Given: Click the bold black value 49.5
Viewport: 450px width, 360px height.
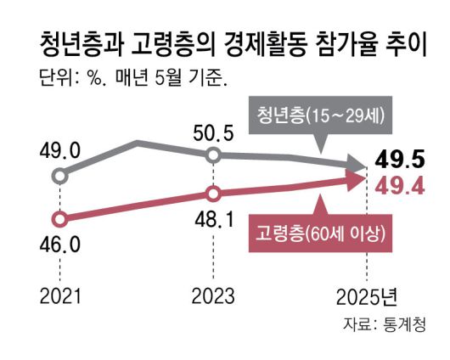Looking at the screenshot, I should tap(399, 159).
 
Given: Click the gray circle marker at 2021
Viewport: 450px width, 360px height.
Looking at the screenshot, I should tap(59, 177).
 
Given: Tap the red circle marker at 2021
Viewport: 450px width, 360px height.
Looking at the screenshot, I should tap(59, 217).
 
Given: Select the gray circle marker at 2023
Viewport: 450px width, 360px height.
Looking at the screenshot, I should tap(215, 155).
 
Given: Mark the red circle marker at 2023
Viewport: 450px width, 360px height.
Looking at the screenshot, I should tap(215, 192).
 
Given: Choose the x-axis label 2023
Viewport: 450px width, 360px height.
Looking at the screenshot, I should tap(215, 296).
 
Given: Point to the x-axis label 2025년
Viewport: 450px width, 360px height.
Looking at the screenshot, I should tap(367, 296).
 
